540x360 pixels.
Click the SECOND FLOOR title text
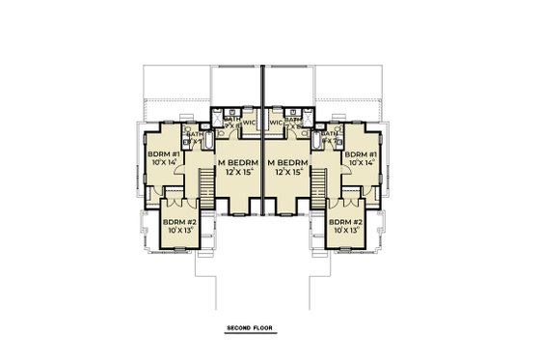[x=250, y=329]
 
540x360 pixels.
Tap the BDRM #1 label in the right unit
[x=360, y=154]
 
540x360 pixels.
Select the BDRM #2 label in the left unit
[x=179, y=222]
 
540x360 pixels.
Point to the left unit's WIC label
[x=249, y=124]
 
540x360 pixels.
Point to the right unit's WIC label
[x=276, y=124]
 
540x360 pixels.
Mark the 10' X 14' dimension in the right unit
[x=360, y=164]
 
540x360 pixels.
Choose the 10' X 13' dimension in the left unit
[x=179, y=232]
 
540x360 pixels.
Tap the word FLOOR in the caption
[x=263, y=329]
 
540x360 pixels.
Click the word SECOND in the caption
[x=239, y=329]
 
